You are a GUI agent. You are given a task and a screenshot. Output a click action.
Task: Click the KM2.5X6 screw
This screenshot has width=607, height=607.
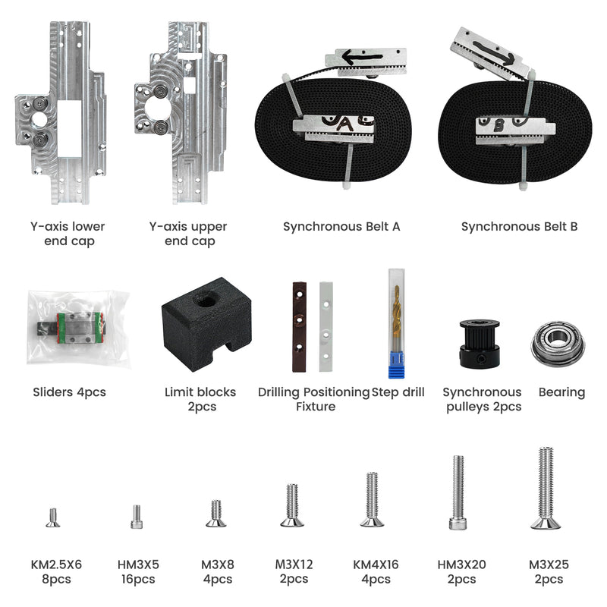(x=53, y=517)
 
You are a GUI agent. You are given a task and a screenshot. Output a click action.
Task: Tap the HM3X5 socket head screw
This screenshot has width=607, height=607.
(x=137, y=517)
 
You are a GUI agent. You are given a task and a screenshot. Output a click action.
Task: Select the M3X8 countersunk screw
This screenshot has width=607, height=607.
(x=216, y=514)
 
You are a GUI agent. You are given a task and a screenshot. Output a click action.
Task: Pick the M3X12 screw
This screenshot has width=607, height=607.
(x=292, y=505)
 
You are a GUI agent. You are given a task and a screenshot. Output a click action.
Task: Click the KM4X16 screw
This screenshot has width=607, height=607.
(x=372, y=500)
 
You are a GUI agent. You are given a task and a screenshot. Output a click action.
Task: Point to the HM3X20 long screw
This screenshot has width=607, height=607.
(x=458, y=492)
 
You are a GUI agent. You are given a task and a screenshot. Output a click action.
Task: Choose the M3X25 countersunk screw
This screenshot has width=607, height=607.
(x=546, y=488)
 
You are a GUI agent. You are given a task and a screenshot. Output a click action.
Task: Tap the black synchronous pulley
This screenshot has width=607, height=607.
(x=480, y=344)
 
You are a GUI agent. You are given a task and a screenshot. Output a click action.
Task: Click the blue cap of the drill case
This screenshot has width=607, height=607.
(x=396, y=365)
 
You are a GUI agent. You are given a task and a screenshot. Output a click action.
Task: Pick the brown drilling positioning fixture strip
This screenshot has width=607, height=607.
(x=299, y=327)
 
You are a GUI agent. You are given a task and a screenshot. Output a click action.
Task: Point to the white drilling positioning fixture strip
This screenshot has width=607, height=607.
(x=326, y=327)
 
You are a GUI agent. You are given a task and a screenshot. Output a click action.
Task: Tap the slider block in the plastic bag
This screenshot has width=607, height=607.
(x=77, y=328)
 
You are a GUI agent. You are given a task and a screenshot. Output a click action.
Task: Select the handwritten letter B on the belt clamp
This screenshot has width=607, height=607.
(x=499, y=125)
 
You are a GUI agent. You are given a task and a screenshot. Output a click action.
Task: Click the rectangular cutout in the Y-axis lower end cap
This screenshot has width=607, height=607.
(x=69, y=128)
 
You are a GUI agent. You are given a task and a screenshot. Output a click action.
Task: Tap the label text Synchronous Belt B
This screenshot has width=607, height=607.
(x=519, y=226)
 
